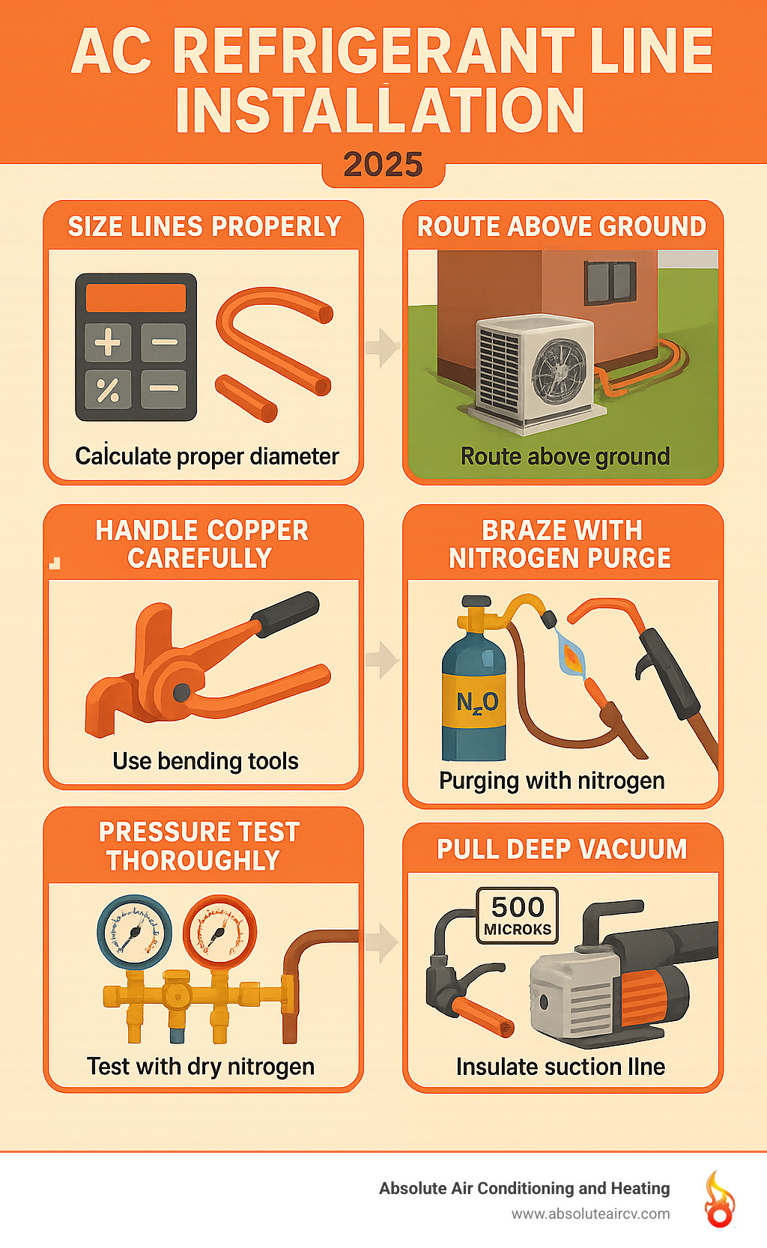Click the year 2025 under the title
[383, 164]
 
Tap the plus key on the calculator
[108, 342]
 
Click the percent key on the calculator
[108, 389]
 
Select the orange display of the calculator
[136, 297]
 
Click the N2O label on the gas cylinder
[476, 702]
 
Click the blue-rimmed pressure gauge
[135, 933]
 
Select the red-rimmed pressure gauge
[220, 933]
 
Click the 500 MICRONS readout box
[518, 915]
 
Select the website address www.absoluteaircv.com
[590, 1214]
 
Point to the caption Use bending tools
[205, 761]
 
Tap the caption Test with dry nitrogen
[200, 1066]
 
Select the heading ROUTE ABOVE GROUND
[562, 226]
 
